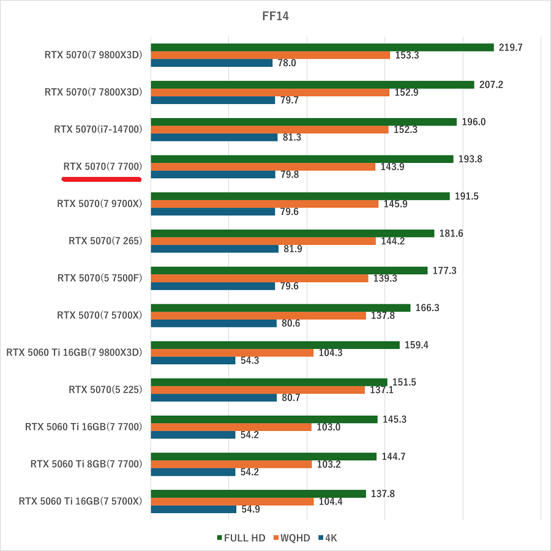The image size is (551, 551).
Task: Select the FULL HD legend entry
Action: coord(241,538)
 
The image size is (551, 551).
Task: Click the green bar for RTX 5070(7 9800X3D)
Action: coord(322,47)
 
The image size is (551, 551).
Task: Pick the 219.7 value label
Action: coord(511,47)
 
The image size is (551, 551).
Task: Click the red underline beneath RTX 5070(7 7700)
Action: coord(102,179)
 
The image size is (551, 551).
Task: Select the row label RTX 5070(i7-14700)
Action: coord(98,129)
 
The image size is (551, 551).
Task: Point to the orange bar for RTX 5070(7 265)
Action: coord(263,241)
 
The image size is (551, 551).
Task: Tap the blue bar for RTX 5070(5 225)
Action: coord(214,397)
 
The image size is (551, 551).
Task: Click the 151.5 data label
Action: coord(404,382)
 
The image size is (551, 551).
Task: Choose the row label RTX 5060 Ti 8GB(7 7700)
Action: coord(86,464)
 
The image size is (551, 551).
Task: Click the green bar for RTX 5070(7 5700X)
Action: coord(280,308)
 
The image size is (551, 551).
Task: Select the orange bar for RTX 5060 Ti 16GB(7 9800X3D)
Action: coord(232,353)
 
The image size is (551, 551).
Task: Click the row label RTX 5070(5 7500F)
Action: coord(99,278)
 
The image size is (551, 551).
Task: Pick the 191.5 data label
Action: coord(467,197)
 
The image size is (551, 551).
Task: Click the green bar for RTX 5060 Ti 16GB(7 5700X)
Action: coord(258,493)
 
